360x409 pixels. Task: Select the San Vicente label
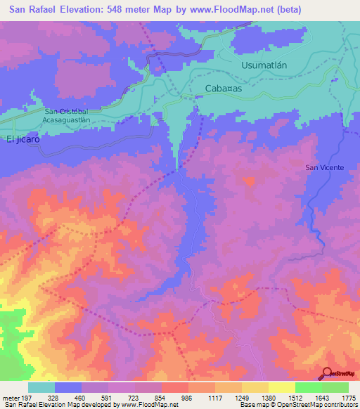click(x=324, y=167)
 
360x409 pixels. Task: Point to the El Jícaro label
click(x=23, y=139)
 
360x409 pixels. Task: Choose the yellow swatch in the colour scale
click(x=281, y=387)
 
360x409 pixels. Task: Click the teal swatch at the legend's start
click(x=41, y=387)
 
